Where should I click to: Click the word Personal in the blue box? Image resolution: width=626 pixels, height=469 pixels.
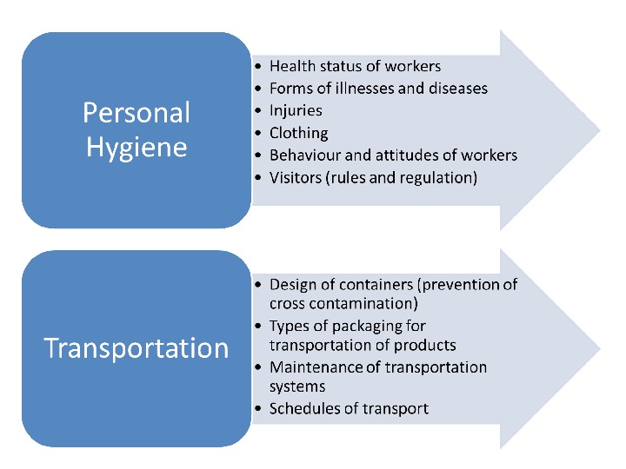point(137,112)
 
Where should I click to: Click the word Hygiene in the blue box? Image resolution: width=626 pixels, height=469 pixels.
point(137,146)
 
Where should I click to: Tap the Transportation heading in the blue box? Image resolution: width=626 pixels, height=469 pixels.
point(137,348)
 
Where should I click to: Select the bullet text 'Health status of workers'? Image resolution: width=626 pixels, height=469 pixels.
point(355,66)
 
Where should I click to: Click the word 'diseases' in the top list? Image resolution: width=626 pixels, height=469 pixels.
point(457,89)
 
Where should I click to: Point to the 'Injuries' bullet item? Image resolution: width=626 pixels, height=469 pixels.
point(296,111)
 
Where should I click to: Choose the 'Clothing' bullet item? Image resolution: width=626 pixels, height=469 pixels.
point(299,134)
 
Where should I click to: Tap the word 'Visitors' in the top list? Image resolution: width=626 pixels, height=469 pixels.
point(296,179)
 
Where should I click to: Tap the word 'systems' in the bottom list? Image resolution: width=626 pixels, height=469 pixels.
point(297,386)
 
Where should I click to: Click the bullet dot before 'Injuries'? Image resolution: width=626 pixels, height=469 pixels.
point(259,112)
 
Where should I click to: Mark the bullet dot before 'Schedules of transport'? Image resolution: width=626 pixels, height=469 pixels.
point(259,409)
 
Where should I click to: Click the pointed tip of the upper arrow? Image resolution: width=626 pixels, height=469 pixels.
point(598,130)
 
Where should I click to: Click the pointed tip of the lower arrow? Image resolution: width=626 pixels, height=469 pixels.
point(598,347)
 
